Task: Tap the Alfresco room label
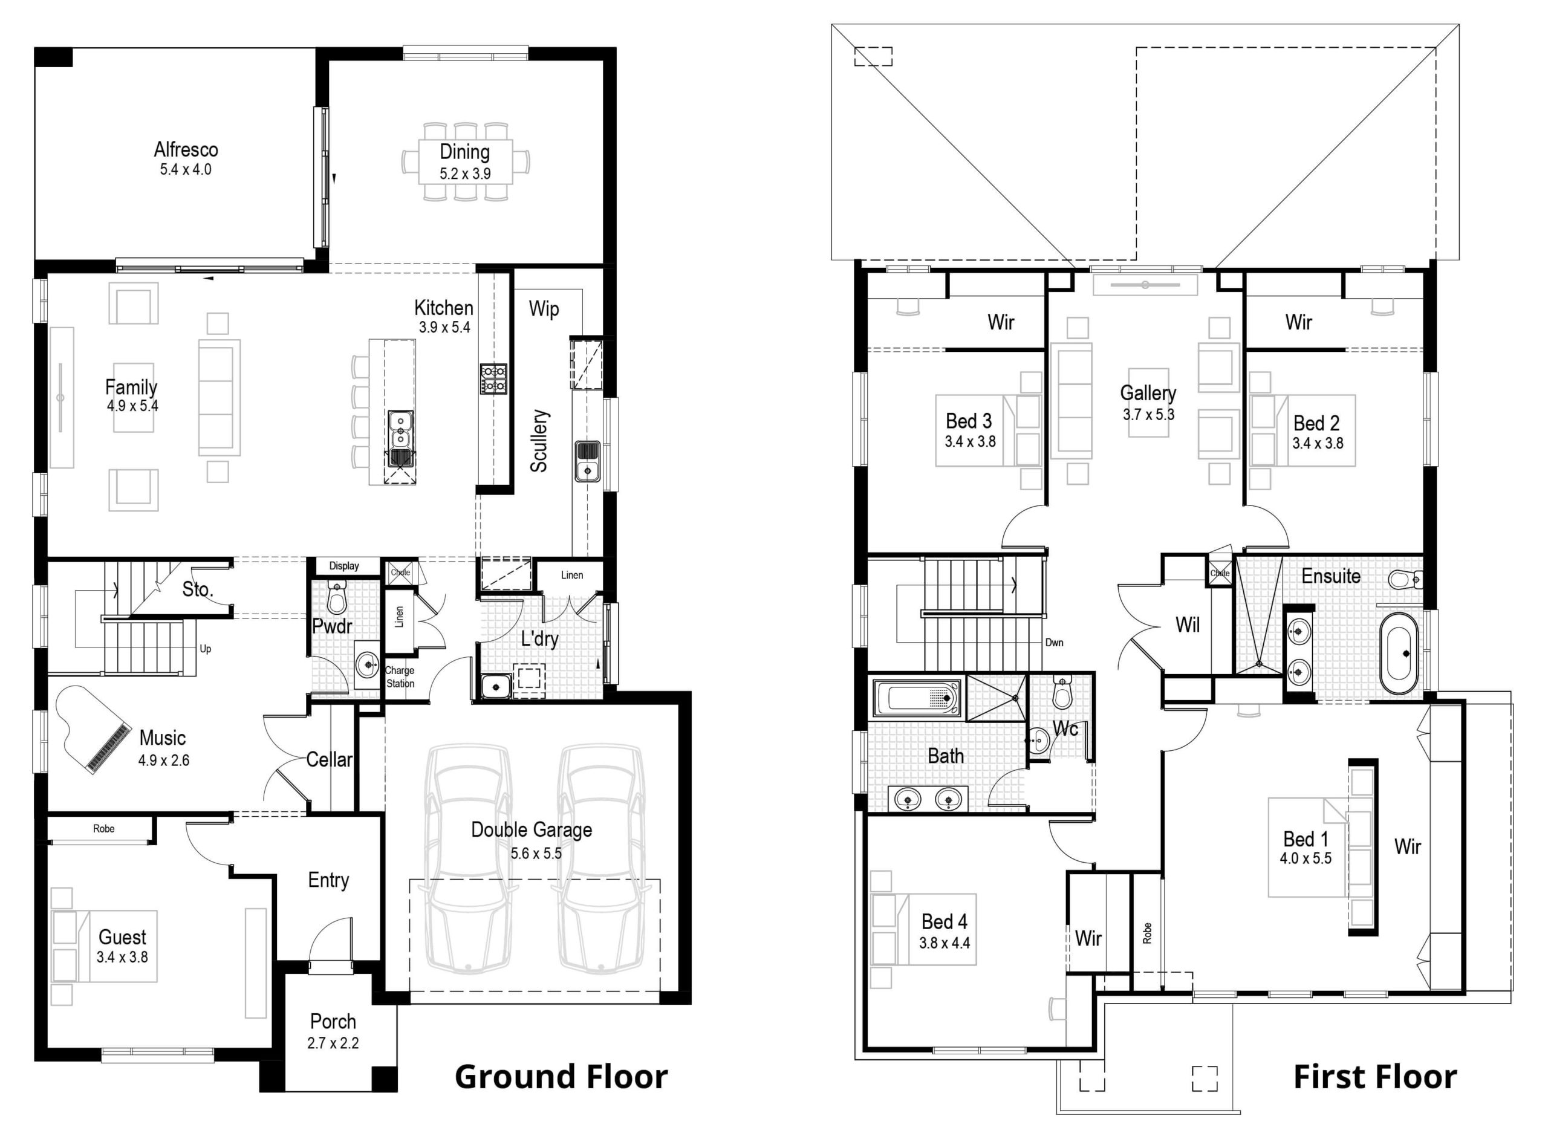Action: click(x=186, y=149)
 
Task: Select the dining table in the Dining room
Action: click(x=465, y=162)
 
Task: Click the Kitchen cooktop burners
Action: click(x=493, y=379)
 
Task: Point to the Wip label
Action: click(x=544, y=309)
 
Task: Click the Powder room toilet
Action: click(x=337, y=597)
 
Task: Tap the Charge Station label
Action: click(x=400, y=676)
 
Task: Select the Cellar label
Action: click(x=329, y=760)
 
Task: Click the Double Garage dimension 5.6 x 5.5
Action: click(x=536, y=854)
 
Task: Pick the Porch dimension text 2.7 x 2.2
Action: click(x=333, y=1043)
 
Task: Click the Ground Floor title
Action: click(x=561, y=1077)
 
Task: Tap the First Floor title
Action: click(x=1375, y=1077)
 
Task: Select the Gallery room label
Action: click(x=1148, y=394)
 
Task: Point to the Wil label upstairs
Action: click(x=1188, y=625)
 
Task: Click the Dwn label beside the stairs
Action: click(x=1055, y=643)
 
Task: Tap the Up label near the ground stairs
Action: click(x=206, y=649)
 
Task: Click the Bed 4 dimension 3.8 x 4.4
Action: click(x=945, y=942)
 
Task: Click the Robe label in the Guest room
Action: click(x=104, y=829)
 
